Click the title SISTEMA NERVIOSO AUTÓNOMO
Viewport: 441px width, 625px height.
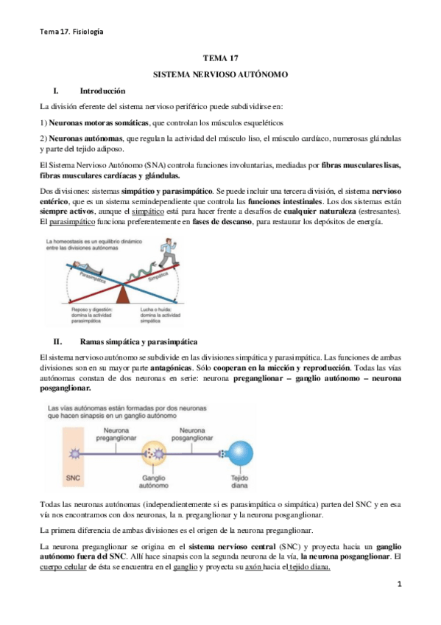(x=219, y=75)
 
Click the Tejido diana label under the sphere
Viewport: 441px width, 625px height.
(x=239, y=482)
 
